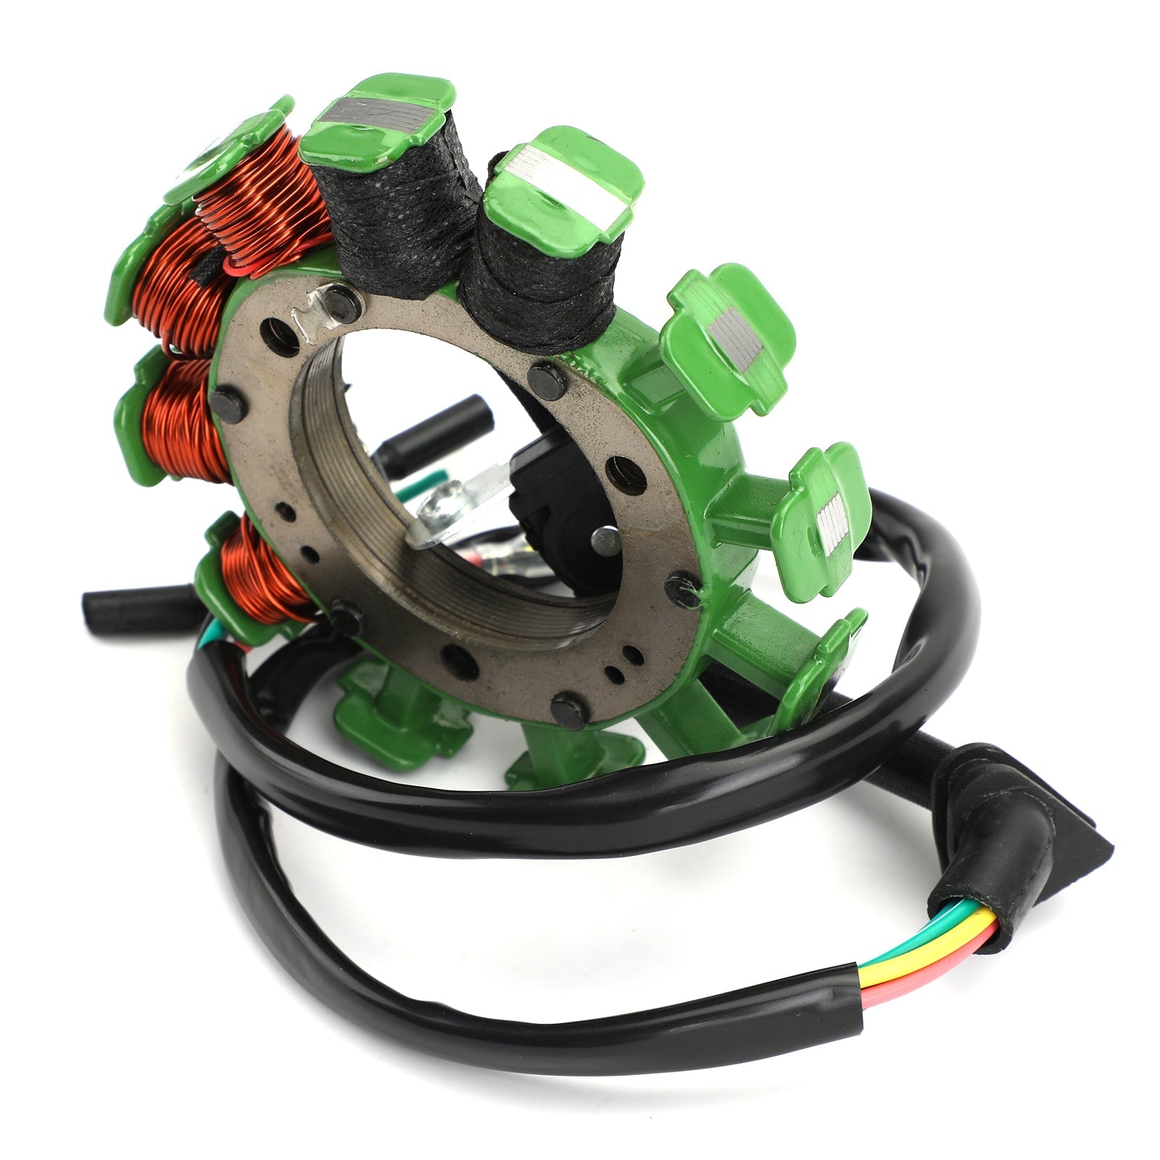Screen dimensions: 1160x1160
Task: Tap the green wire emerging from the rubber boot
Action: pyautogui.click(x=942, y=915)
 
